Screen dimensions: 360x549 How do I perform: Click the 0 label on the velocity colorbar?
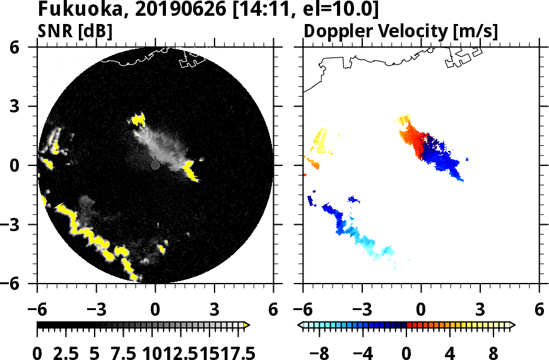[407, 352]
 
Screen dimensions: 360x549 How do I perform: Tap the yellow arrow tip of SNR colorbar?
[247, 325]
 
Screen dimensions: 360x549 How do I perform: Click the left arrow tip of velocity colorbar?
[301, 325]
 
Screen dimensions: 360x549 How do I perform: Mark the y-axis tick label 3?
[24, 107]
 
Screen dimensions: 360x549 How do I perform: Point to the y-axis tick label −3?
[19, 225]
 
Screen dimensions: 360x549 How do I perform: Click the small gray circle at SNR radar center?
[155, 165]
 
